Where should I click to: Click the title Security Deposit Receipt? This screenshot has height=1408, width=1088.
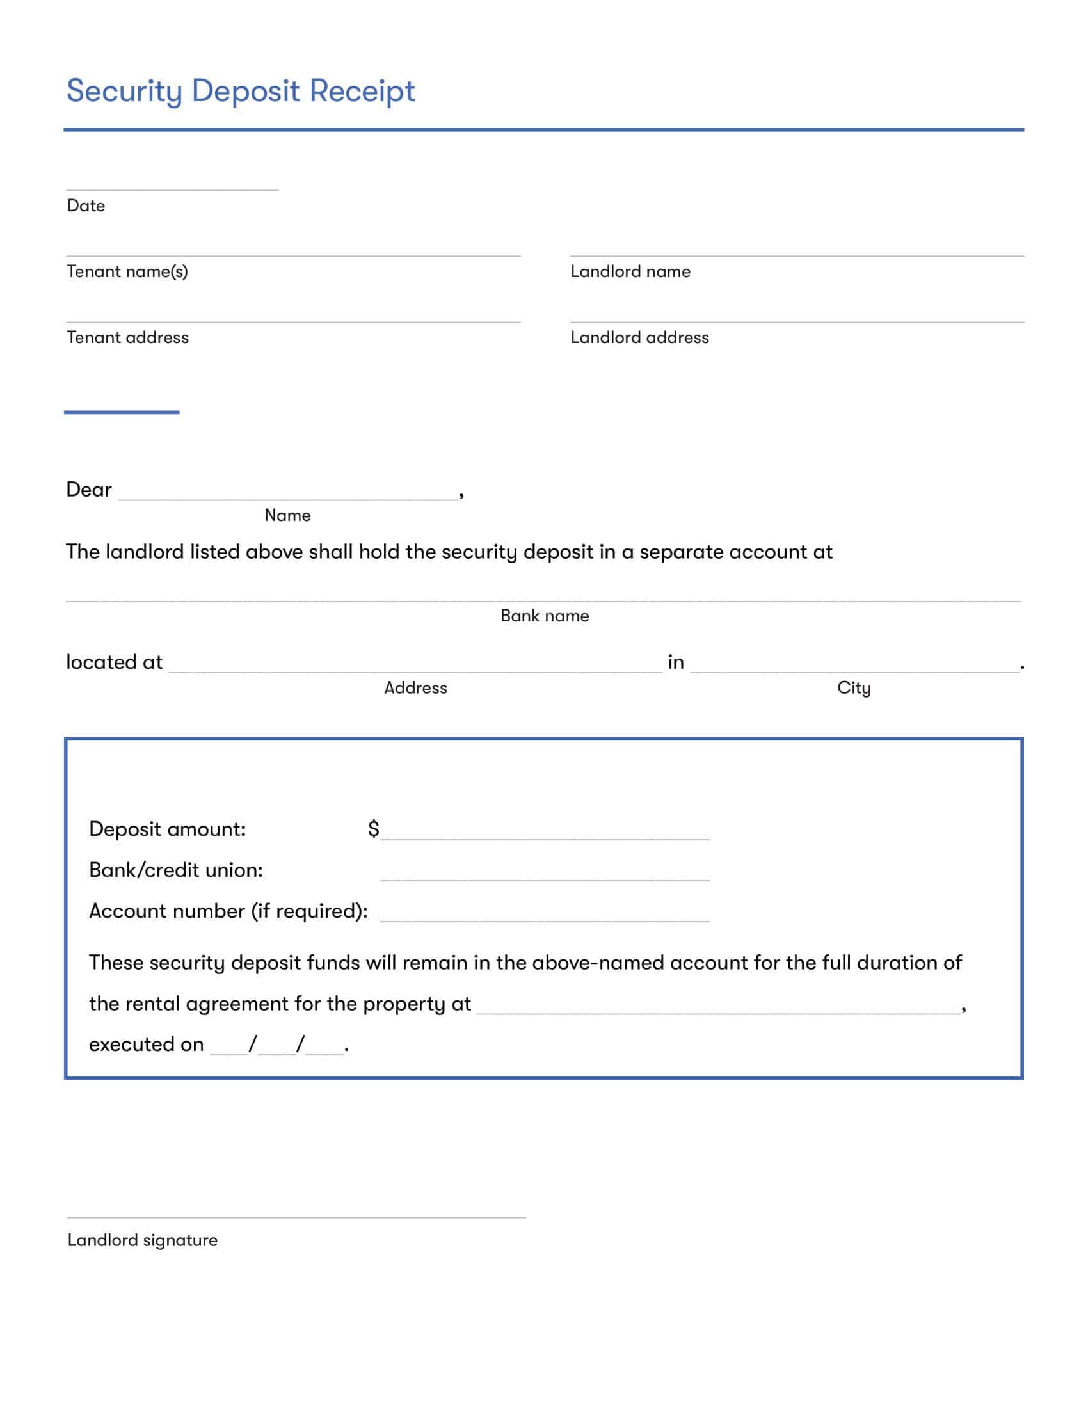click(241, 91)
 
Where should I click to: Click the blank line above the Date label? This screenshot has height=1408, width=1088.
click(172, 189)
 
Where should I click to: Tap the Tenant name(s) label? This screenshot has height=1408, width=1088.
click(127, 271)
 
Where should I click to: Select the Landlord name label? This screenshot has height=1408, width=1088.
click(630, 271)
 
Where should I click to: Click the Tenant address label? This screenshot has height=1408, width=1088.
click(127, 337)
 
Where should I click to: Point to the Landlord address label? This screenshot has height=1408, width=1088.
click(639, 337)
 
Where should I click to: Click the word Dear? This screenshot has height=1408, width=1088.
click(89, 490)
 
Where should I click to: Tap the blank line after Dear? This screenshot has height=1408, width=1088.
click(287, 498)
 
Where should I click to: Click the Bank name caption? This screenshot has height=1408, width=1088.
click(544, 616)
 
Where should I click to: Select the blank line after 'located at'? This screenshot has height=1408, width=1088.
click(415, 671)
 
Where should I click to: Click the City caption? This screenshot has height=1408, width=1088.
click(853, 688)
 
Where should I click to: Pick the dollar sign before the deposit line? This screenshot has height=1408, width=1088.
click(373, 828)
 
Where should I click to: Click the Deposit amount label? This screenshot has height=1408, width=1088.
click(167, 829)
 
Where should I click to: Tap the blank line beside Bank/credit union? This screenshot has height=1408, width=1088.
click(545, 879)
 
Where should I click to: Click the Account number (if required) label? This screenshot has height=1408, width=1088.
click(228, 911)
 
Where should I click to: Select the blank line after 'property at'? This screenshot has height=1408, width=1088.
click(719, 1013)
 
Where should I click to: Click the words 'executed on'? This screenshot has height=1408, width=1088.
click(147, 1044)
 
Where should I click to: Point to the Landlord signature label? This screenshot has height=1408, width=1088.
click(143, 1240)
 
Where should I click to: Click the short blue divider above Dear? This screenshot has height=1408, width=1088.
click(121, 412)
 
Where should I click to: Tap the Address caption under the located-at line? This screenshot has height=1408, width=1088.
click(415, 688)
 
